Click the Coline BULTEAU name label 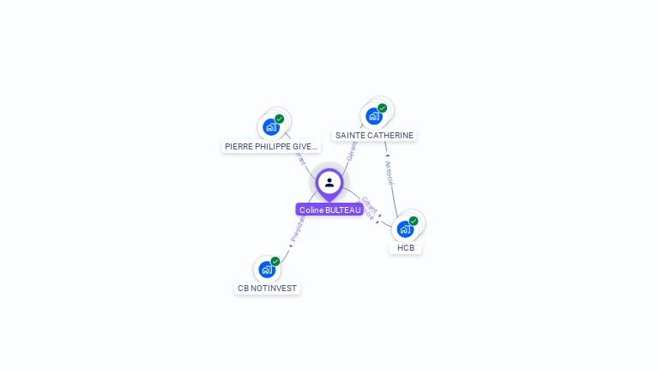point(329,210)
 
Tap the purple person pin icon point(329,182)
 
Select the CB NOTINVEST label point(267,289)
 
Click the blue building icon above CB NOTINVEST point(267,270)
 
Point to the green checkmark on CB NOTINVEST point(275,261)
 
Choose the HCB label point(406,248)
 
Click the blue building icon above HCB point(405,229)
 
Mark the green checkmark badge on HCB point(414,221)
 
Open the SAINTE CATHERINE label point(374,136)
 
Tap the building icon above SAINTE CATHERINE point(373,116)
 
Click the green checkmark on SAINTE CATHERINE point(382,108)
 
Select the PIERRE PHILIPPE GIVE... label point(271,147)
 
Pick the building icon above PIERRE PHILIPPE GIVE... point(271,127)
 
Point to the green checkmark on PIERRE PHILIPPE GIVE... point(280,119)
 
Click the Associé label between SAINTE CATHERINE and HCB point(390,172)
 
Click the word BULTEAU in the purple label point(342,210)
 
